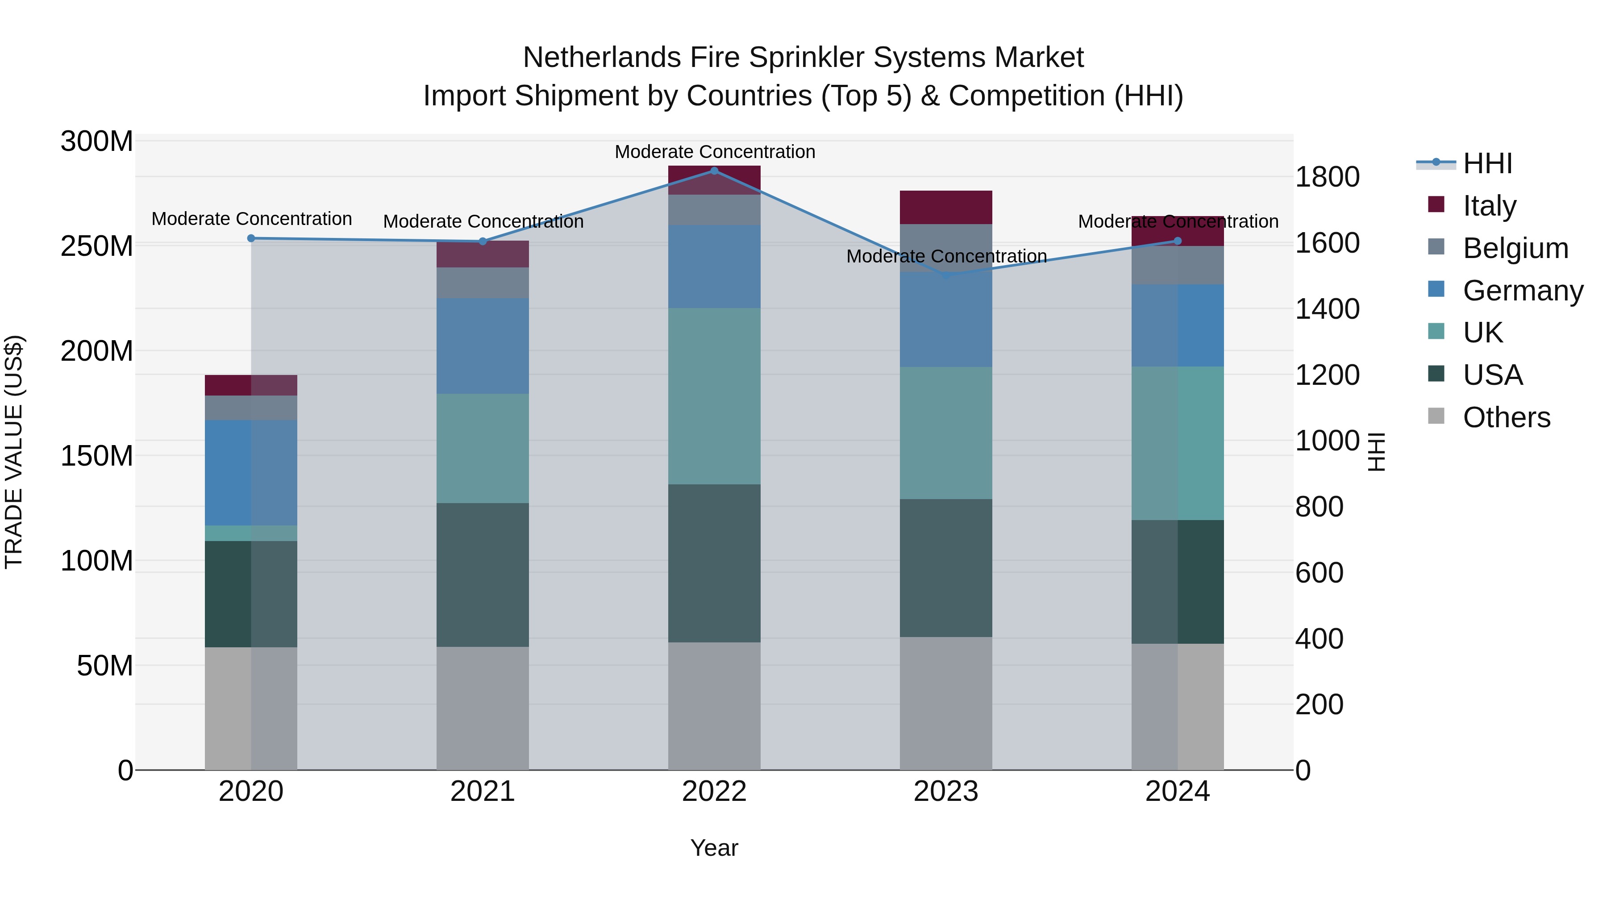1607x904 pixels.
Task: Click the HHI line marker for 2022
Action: pos(714,171)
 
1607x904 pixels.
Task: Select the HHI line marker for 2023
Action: pos(946,275)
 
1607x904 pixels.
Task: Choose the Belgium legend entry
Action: pos(1515,248)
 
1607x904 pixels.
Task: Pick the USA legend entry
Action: pos(1492,375)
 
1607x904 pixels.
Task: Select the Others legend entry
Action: pos(1506,417)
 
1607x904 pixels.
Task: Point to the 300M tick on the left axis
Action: pos(97,142)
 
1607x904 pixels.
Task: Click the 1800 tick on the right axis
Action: pos(1327,177)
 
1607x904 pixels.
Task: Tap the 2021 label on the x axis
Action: pos(482,792)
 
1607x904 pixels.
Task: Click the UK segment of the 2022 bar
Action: pos(714,396)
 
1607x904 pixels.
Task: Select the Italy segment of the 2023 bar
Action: pos(946,207)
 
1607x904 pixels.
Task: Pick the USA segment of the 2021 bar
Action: pos(482,575)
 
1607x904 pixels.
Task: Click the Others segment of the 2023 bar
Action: pos(946,703)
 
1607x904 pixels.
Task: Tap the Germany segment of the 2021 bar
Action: pos(482,346)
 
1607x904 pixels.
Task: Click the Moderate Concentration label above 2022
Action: pos(714,152)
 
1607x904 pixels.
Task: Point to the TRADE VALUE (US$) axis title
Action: pos(14,452)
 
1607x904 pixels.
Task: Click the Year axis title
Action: pos(714,848)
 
